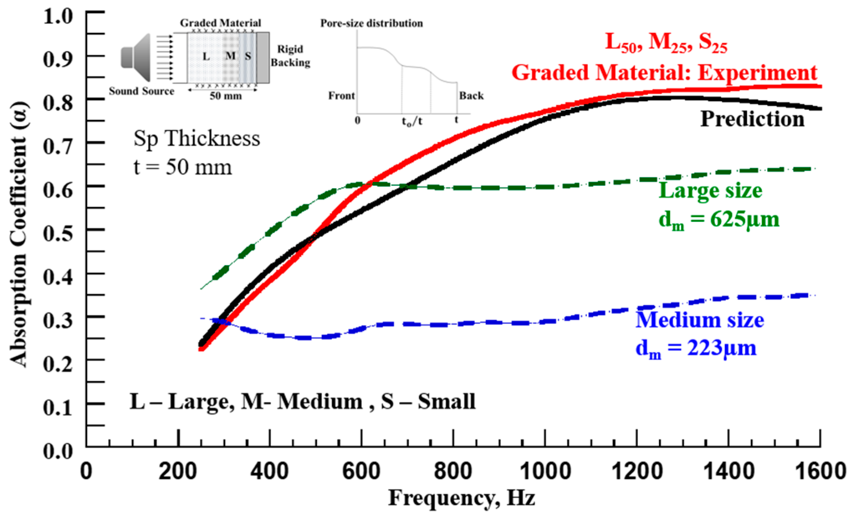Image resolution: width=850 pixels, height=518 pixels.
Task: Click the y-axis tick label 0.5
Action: (58, 234)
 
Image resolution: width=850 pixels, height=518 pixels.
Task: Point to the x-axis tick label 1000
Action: (545, 471)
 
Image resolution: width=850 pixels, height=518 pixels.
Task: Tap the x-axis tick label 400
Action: (270, 471)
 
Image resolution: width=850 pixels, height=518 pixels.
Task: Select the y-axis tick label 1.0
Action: (58, 16)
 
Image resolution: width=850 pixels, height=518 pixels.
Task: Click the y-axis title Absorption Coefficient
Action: (19, 234)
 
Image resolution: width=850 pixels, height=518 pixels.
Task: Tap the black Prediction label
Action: (752, 119)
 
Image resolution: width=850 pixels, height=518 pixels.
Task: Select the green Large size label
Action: (710, 191)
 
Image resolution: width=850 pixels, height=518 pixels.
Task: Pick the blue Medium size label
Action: (699, 320)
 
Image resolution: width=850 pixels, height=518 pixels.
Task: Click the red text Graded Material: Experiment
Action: (664, 73)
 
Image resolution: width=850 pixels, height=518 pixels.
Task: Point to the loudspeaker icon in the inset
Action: (136, 58)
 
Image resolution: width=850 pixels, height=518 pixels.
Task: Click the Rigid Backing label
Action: (290, 56)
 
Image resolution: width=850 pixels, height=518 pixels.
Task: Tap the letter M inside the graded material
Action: (231, 56)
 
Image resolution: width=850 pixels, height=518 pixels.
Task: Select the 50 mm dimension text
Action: (225, 96)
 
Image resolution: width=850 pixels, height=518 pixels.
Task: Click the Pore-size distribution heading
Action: (371, 23)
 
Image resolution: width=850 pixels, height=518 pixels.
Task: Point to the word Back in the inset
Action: (471, 96)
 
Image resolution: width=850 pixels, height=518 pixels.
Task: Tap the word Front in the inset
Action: (341, 96)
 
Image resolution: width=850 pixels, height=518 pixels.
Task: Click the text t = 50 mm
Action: (183, 167)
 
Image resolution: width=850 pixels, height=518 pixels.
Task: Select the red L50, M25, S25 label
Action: (666, 42)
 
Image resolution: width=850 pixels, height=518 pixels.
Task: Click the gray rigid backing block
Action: (263, 57)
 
